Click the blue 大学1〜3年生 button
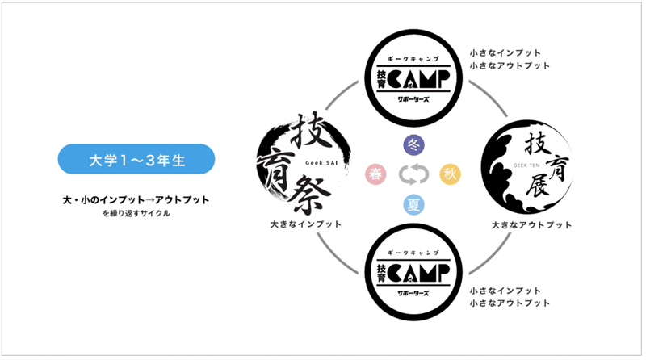[136, 159]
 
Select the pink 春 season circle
[376, 174]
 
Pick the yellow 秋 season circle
[449, 174]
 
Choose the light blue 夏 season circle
[413, 205]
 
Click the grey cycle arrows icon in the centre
[413, 174]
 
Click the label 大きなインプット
[305, 224]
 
